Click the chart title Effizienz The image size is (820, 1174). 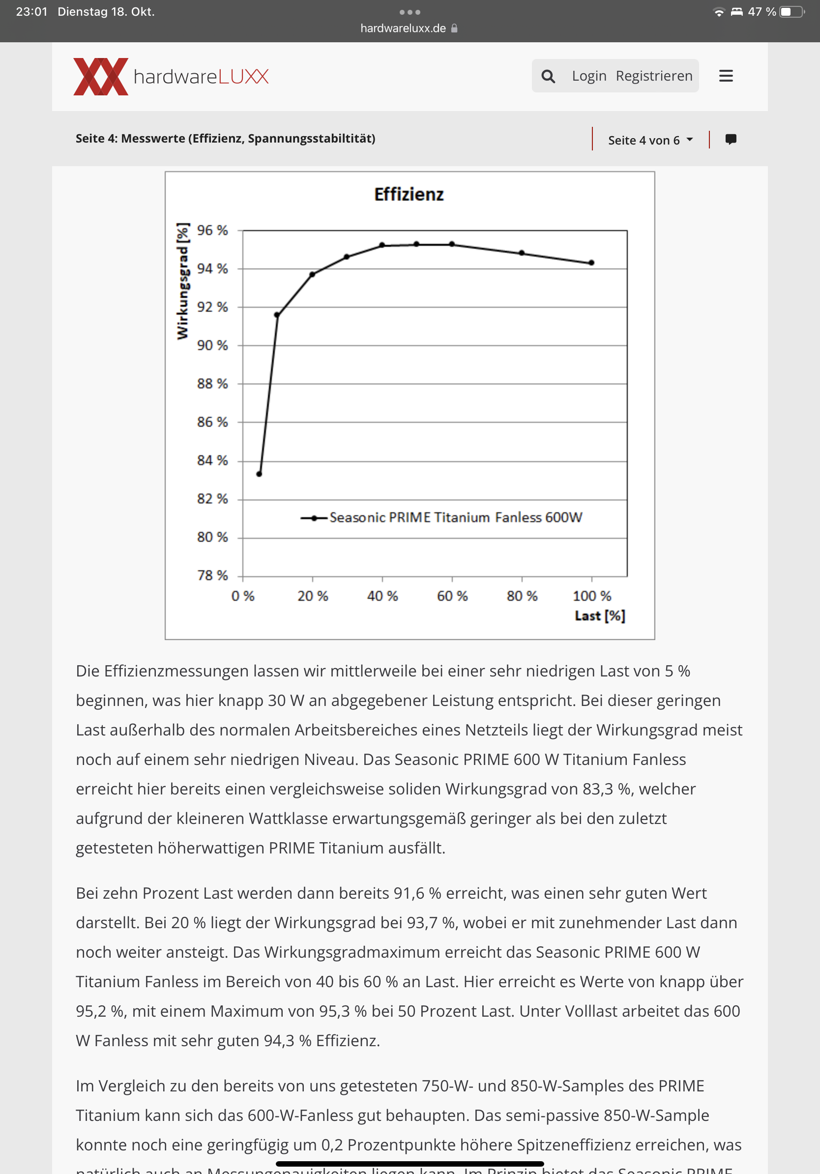click(409, 194)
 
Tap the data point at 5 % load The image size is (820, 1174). click(259, 474)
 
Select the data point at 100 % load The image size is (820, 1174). click(591, 263)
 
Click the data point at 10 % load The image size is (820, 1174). click(277, 315)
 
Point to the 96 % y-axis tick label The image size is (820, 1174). click(212, 231)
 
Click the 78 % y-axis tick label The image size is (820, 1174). click(212, 576)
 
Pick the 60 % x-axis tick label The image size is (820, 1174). click(452, 596)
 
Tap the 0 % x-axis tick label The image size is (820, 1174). click(243, 596)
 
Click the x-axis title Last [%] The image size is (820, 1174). click(600, 616)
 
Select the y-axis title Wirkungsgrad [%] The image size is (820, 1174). click(182, 281)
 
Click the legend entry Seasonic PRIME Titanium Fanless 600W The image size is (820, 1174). click(455, 518)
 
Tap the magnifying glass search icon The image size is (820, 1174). click(548, 76)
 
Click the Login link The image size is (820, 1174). click(589, 76)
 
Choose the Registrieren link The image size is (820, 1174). click(654, 76)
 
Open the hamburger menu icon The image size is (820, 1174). click(726, 76)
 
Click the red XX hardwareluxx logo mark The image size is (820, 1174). click(101, 77)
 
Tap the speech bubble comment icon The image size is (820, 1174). click(731, 139)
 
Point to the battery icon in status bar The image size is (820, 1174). click(791, 12)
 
